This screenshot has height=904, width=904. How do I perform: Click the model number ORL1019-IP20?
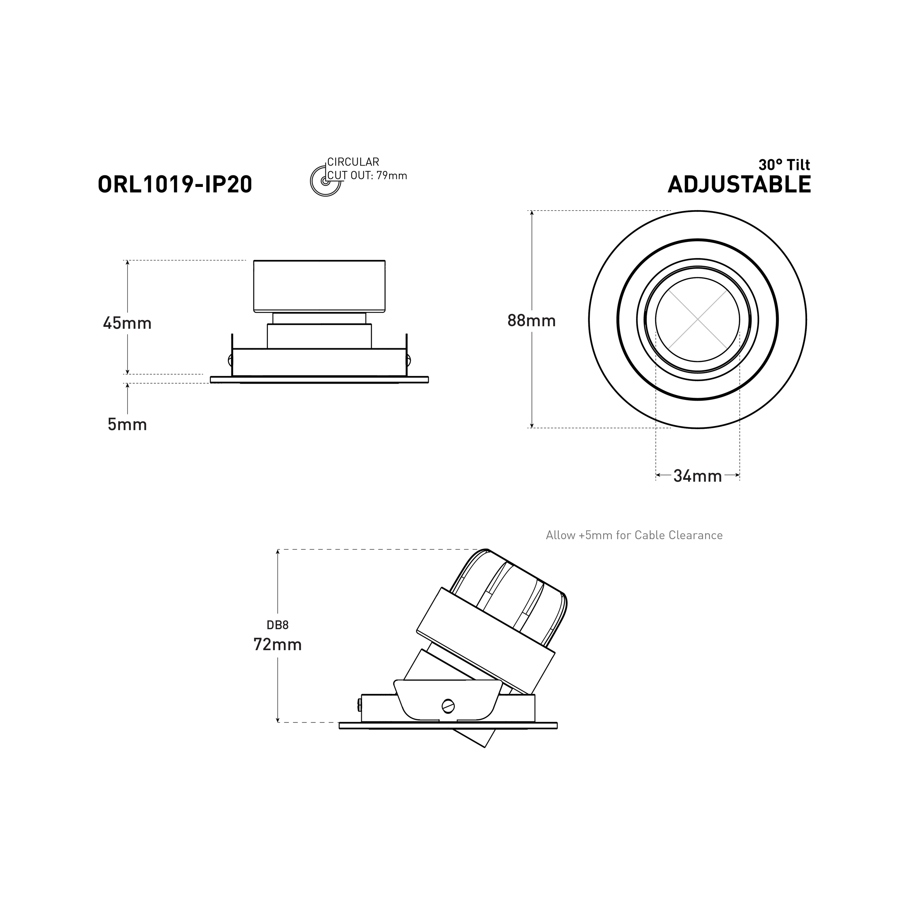175,184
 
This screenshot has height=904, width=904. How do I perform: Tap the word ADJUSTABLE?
739,184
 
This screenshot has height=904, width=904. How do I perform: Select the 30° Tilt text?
784,165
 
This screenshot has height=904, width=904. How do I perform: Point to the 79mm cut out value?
392,176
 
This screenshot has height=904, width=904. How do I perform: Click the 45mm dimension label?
127,323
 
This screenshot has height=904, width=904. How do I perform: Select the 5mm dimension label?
127,425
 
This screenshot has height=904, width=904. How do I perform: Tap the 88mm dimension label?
532,320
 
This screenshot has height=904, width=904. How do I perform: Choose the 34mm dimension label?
697,476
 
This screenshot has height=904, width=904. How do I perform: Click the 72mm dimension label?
277,644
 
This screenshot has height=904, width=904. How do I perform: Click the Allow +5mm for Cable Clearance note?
634,535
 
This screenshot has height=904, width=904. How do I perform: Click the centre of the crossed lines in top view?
697,320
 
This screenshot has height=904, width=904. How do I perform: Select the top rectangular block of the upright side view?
319,286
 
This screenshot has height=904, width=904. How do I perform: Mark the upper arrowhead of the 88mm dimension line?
532,213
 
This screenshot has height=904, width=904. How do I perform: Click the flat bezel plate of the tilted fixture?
448,726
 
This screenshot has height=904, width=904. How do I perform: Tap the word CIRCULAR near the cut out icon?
353,162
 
